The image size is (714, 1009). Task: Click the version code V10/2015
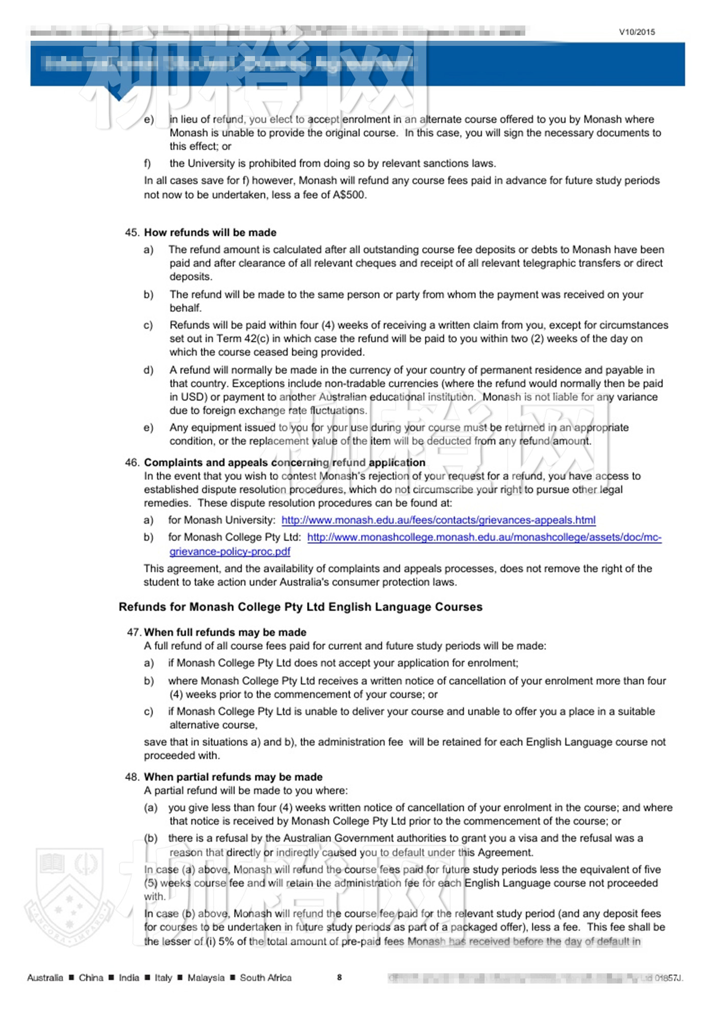[x=637, y=32]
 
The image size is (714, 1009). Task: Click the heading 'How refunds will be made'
[x=210, y=232]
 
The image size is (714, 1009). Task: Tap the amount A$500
[x=349, y=195]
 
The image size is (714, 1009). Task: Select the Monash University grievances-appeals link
[x=438, y=520]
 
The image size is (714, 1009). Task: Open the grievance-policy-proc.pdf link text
[x=230, y=551]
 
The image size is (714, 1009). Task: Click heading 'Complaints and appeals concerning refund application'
[x=285, y=462]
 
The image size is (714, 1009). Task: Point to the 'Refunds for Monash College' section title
[x=300, y=607]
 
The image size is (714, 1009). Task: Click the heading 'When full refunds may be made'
[x=225, y=632]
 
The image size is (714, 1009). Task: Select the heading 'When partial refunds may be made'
[x=233, y=777]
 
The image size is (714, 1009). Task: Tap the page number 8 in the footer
[x=339, y=977]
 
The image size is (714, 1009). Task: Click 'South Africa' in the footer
[x=266, y=977]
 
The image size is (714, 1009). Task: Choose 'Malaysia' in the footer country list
[x=206, y=977]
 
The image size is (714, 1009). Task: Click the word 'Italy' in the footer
[x=163, y=977]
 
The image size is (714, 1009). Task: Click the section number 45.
[x=132, y=232]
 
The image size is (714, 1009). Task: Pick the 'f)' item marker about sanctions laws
[x=147, y=164]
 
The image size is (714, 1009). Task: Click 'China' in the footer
[x=91, y=977]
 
